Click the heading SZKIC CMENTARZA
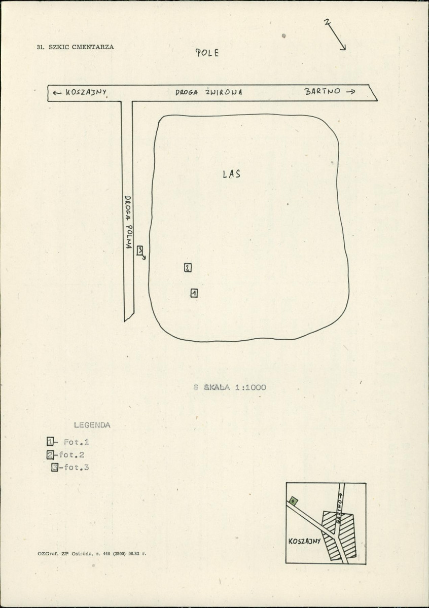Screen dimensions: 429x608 [x=81, y=47]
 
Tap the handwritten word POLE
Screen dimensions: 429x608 [x=207, y=53]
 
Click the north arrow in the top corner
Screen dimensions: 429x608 [x=336, y=34]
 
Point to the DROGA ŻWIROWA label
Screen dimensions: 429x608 [x=209, y=92]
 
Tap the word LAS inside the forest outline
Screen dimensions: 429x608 [x=232, y=174]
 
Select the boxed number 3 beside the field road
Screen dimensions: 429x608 [x=140, y=251]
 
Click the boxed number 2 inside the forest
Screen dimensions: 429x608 [x=188, y=268]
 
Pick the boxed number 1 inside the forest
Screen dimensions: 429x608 [x=194, y=293]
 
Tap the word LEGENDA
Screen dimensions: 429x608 [x=92, y=425]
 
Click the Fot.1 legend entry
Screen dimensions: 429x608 [x=68, y=442]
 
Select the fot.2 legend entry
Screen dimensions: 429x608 [x=65, y=454]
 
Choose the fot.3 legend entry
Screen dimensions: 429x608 [x=70, y=467]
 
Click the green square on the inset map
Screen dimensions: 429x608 [x=293, y=501]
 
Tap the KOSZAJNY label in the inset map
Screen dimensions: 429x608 [x=304, y=541]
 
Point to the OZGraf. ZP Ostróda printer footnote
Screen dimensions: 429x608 [x=92, y=553]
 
